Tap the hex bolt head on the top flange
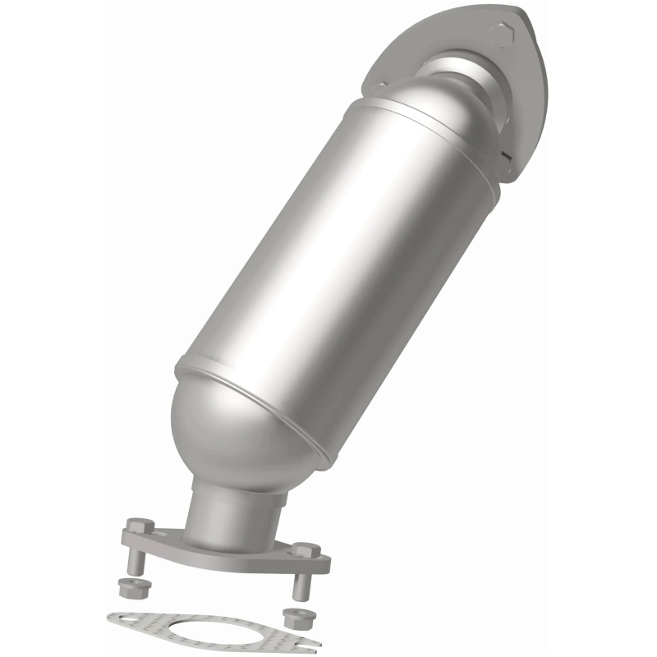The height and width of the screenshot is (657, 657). tap(501, 35)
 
